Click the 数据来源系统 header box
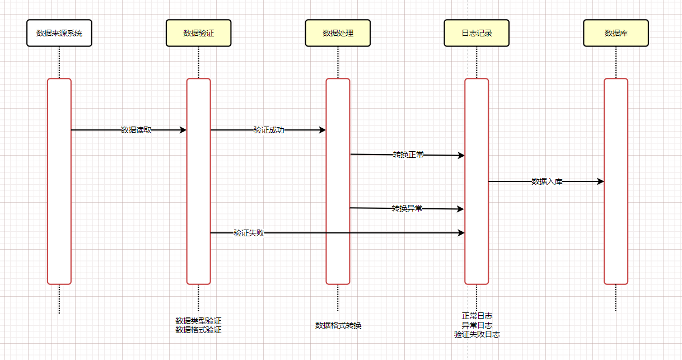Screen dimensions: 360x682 click(59, 33)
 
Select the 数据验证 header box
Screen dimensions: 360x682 click(198, 33)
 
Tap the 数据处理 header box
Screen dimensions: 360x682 click(338, 33)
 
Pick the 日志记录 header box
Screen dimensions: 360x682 click(477, 33)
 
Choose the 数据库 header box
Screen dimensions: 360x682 click(616, 33)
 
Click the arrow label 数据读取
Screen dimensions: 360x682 click(136, 130)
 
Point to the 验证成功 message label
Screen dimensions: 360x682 click(269, 130)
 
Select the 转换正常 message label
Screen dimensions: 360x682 click(408, 155)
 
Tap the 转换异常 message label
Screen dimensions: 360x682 click(407, 208)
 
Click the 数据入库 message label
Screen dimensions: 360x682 click(546, 181)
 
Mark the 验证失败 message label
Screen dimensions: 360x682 click(249, 233)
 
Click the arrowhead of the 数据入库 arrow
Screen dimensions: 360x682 click(601, 181)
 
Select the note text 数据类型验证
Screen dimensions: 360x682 click(198, 321)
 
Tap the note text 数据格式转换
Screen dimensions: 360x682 click(338, 325)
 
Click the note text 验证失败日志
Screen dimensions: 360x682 click(477, 334)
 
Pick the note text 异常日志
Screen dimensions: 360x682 click(477, 325)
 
